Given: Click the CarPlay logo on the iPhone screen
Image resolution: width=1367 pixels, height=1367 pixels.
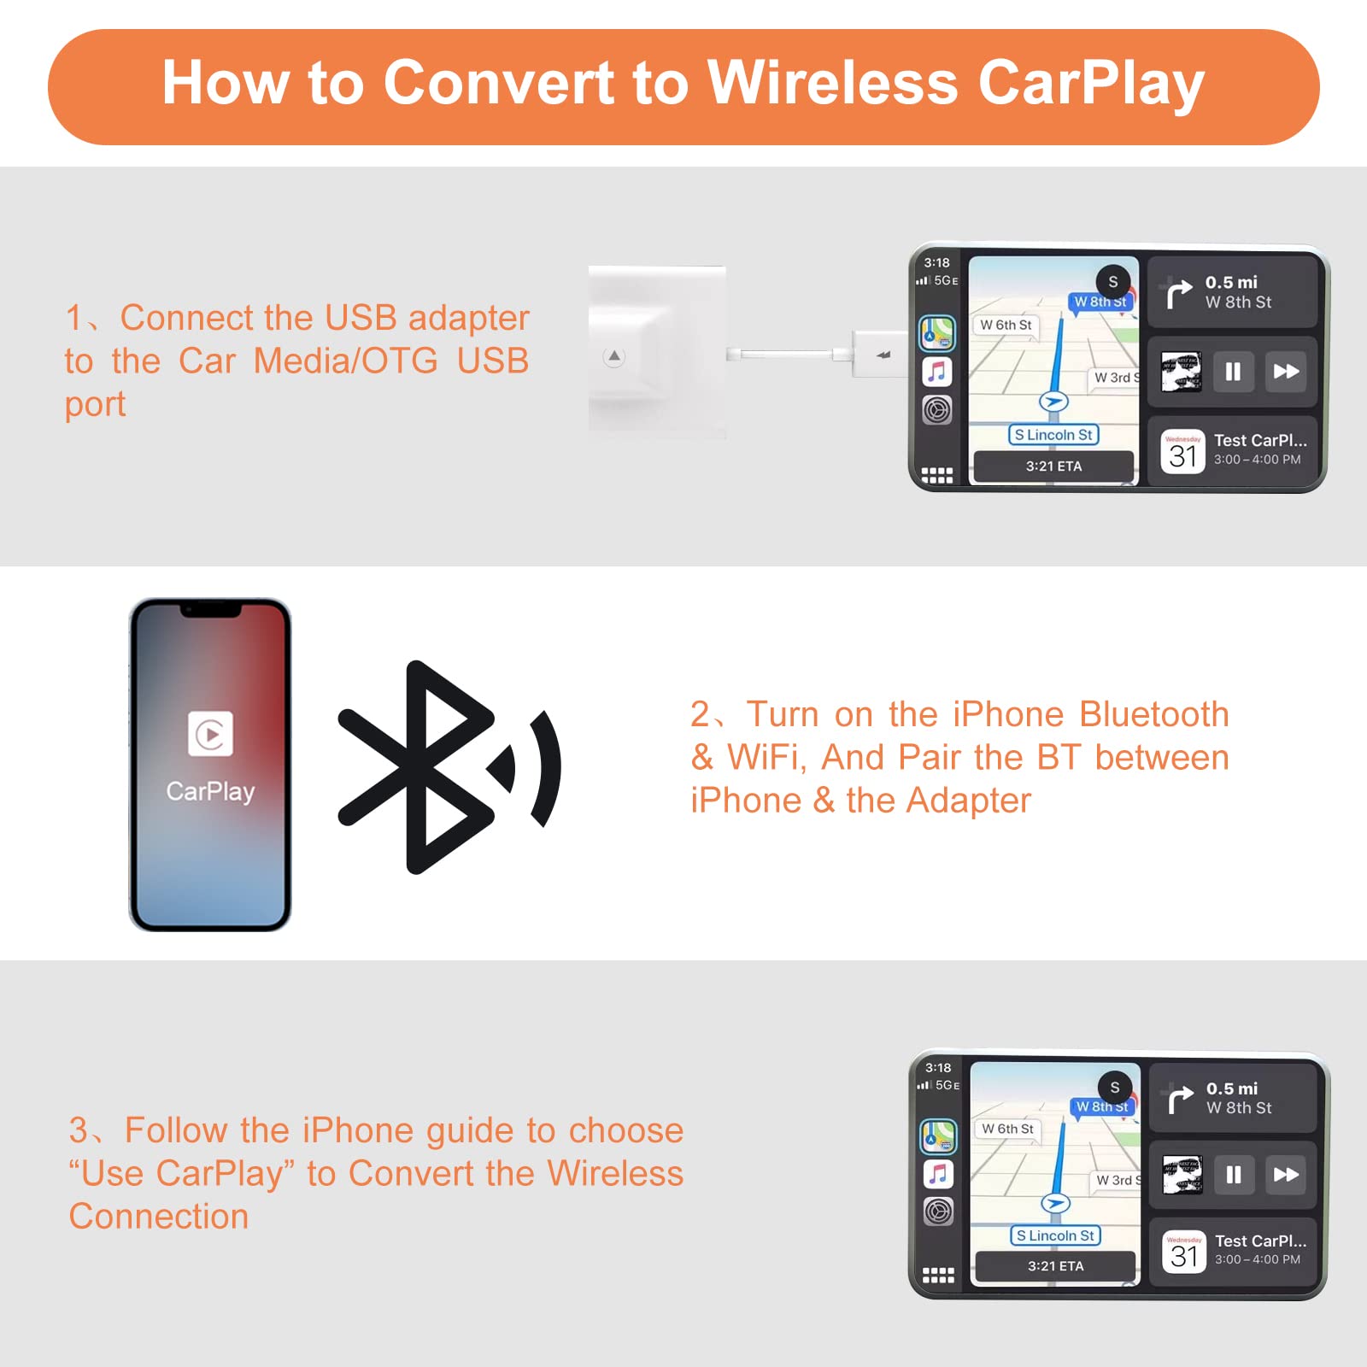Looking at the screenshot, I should coord(210,733).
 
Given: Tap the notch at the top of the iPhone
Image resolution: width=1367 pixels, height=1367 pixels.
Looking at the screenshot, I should coord(210,610).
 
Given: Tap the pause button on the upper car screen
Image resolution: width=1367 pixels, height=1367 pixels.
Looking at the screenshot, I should coord(1232,372).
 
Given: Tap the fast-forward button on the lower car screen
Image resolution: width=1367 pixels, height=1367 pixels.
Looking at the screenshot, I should coord(1286,1174).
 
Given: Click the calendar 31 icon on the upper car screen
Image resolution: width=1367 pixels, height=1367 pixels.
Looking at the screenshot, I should coord(1182,452).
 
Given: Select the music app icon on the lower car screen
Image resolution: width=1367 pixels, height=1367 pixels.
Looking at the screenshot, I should coord(938,1174).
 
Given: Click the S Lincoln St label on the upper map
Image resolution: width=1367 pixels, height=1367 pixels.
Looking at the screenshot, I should coord(1053,435).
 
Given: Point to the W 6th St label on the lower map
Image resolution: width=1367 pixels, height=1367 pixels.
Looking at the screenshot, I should coord(1007,1129).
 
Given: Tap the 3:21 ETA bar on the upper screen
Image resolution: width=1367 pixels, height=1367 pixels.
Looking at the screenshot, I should coord(1053,466).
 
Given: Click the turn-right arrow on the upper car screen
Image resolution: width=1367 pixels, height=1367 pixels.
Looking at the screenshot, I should coord(1179,293).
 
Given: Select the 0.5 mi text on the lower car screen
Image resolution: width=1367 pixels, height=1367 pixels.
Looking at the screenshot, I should coord(1231,1088).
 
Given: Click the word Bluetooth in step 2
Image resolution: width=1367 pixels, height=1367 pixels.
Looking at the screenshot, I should coord(1153,714).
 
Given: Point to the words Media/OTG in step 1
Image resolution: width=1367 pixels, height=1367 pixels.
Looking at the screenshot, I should coord(345,361).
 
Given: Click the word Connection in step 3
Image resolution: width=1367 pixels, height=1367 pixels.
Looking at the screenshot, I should coord(159,1217).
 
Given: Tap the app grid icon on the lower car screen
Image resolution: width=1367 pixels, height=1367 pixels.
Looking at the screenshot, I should coord(938,1276).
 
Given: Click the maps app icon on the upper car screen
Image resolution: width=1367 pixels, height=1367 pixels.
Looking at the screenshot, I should coord(937,333).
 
